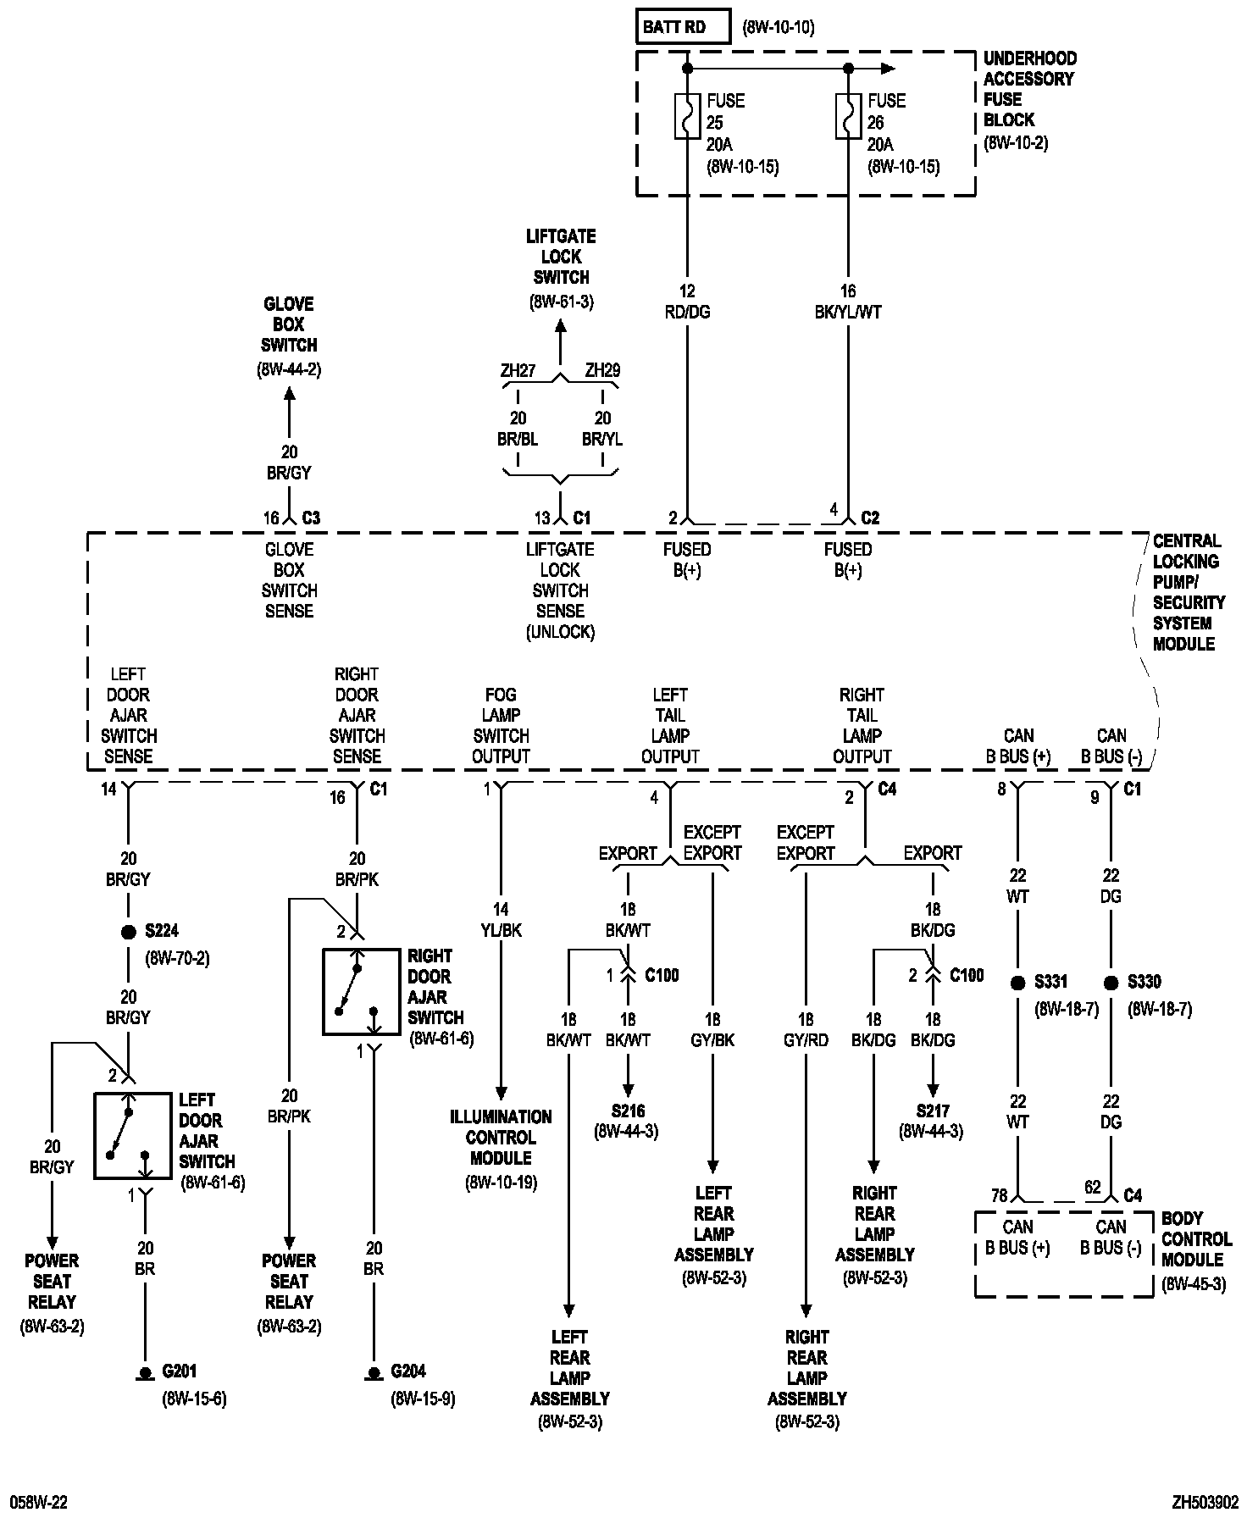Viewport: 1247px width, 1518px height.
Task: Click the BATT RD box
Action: [683, 27]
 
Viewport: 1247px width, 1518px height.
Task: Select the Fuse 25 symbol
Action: [687, 116]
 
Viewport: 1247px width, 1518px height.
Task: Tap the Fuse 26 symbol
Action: [848, 116]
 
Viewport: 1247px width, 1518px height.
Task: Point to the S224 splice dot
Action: [129, 932]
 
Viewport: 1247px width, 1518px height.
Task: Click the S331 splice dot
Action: [1018, 983]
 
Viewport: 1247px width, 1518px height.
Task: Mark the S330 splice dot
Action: [1111, 983]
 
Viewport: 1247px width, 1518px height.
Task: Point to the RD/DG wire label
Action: [687, 312]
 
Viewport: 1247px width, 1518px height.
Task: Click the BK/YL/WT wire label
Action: [848, 312]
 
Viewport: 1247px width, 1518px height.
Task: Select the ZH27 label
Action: [518, 370]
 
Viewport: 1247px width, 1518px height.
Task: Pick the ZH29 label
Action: [602, 370]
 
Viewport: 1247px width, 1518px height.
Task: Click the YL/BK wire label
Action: [501, 930]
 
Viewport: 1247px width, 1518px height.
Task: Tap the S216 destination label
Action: [628, 1111]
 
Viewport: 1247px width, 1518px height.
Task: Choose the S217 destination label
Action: [932, 1111]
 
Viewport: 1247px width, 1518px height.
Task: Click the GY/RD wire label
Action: [806, 1040]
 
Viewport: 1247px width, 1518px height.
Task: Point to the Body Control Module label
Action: [1194, 1249]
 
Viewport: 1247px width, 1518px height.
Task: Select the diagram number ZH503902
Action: [1205, 1502]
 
